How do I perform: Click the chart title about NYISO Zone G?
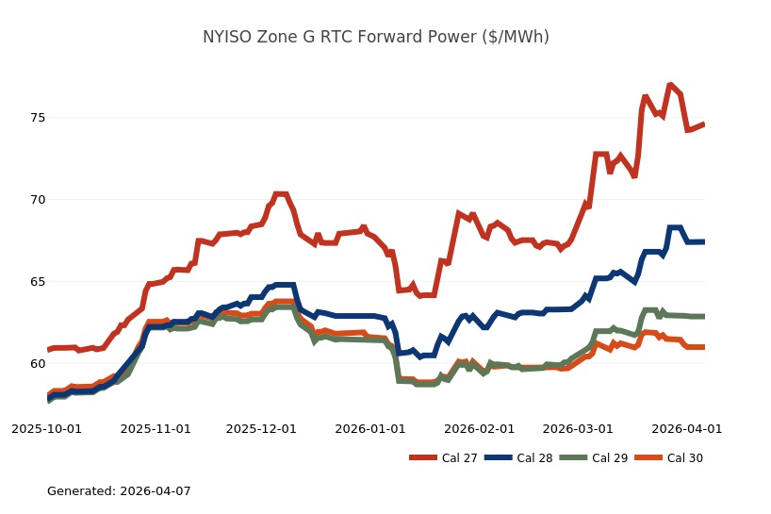(x=375, y=37)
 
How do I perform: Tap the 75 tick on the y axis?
(x=28, y=118)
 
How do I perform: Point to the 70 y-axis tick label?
(x=28, y=200)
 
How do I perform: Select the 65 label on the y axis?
(x=28, y=282)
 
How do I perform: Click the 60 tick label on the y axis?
(x=28, y=364)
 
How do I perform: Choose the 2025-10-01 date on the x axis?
(x=46, y=428)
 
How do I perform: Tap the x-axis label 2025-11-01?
(x=156, y=428)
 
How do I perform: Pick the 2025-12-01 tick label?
(x=262, y=428)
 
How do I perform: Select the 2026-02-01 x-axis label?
(x=480, y=428)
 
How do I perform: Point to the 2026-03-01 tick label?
(x=578, y=428)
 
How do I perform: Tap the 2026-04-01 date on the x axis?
(x=687, y=428)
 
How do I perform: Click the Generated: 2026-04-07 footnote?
(x=119, y=491)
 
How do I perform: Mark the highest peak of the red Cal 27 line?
(x=670, y=85)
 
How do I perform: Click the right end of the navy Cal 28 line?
(x=704, y=241)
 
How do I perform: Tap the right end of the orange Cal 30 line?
(x=704, y=347)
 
